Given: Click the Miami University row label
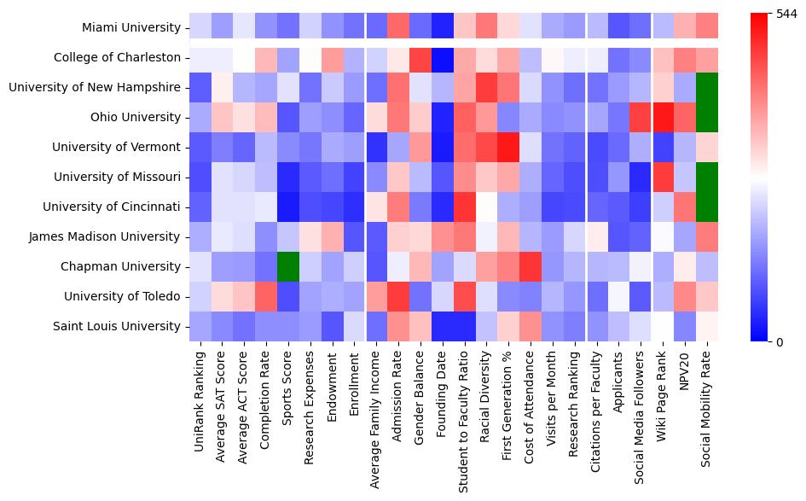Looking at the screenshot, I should coord(130,27).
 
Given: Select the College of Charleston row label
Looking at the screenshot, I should coord(117,57).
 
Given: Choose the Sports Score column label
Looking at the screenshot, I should coord(288,387).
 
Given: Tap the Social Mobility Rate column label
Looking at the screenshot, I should coord(708,406).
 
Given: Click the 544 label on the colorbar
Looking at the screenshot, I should coord(786,14).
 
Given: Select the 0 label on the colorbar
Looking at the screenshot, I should coord(779,342).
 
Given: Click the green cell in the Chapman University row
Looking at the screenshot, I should coord(288,266).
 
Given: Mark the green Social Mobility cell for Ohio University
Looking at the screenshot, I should coord(708,117).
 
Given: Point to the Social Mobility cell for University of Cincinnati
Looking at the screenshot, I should coord(708,207).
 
